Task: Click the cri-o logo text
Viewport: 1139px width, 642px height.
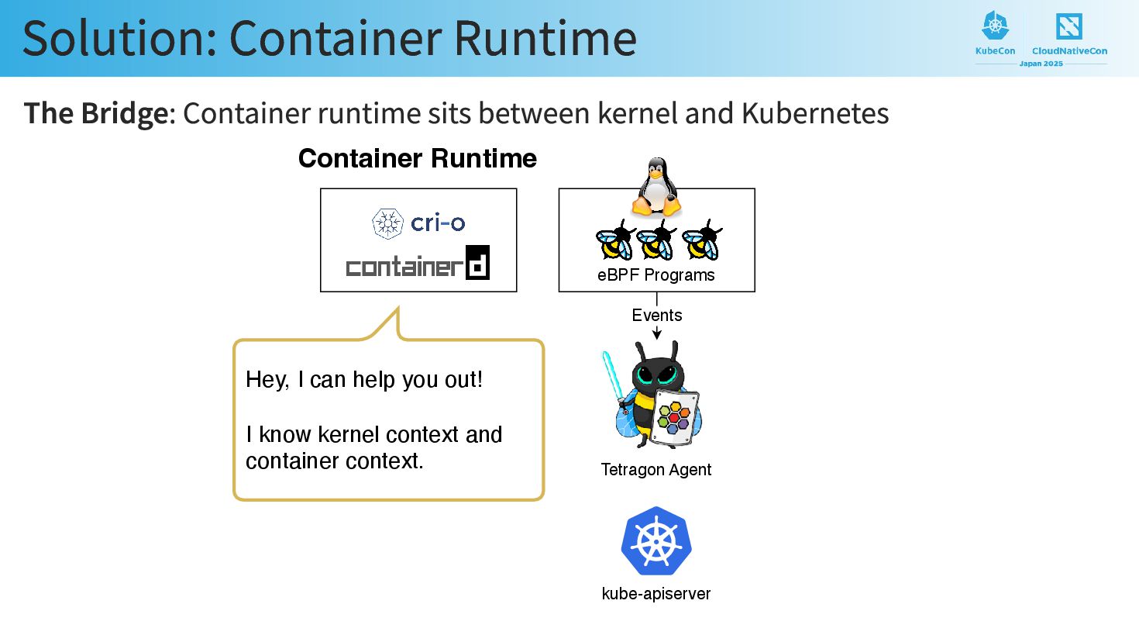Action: click(437, 223)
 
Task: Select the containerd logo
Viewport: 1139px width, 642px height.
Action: click(418, 264)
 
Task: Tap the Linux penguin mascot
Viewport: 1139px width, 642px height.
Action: click(656, 187)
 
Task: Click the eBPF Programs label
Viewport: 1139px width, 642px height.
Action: click(656, 275)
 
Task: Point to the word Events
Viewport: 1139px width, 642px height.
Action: click(656, 316)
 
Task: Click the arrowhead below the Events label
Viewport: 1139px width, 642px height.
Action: click(657, 334)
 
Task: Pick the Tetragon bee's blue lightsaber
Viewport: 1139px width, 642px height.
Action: click(612, 375)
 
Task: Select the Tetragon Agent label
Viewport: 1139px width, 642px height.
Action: click(656, 470)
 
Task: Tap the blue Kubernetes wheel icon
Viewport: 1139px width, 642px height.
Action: click(656, 541)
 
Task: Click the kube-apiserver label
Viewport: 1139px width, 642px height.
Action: click(656, 594)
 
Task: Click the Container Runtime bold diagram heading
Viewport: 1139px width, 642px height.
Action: click(417, 159)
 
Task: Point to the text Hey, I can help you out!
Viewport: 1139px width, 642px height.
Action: click(364, 380)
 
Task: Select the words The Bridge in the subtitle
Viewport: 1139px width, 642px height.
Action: click(96, 114)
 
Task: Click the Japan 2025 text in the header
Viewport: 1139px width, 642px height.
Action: click(1041, 64)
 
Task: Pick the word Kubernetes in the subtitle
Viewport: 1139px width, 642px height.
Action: click(814, 114)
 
